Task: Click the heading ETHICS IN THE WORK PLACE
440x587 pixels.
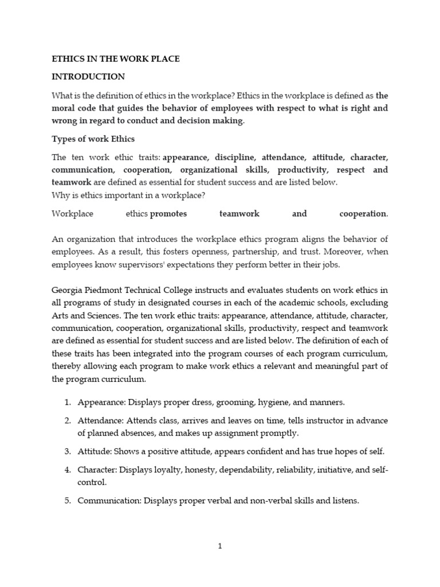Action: click(x=116, y=59)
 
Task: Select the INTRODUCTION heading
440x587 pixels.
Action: click(x=88, y=76)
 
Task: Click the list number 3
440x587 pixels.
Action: click(x=66, y=451)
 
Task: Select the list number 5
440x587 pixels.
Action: click(x=66, y=500)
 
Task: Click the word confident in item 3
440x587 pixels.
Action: click(x=268, y=451)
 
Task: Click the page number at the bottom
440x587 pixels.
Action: click(x=220, y=546)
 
